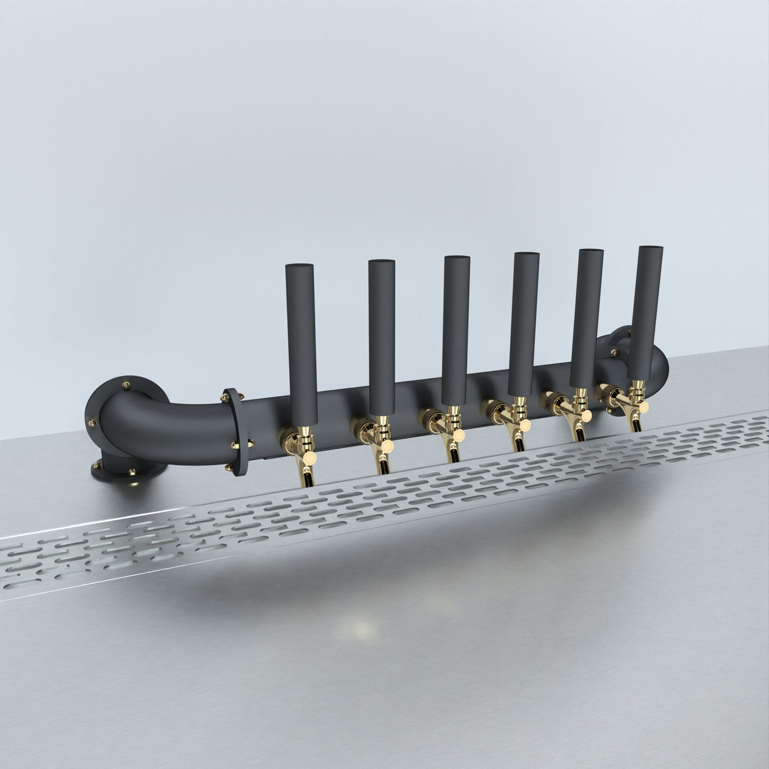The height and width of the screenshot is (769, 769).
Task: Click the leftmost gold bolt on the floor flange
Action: click(97, 464)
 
